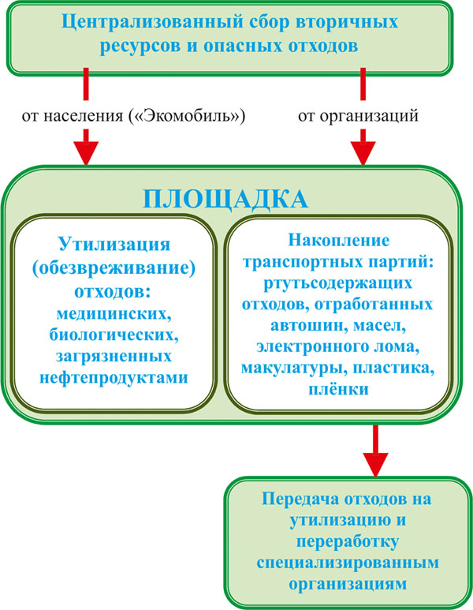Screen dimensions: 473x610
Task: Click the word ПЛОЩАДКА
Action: coord(225,200)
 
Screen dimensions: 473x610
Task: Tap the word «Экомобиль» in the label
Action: coord(187,115)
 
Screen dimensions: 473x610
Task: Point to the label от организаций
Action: coord(358,116)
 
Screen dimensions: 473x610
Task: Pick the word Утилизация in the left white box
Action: coord(114,245)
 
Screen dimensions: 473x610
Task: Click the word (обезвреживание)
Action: coord(114,269)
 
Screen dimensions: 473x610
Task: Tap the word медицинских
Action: coord(114,313)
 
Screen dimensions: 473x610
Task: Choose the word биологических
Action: coord(114,335)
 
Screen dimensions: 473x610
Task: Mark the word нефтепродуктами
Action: coord(114,378)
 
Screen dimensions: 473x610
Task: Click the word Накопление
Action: coord(338,240)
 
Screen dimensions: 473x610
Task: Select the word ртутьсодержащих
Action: coord(337,283)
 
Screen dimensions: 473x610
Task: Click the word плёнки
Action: coord(338,389)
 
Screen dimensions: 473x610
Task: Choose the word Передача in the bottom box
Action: coord(300,499)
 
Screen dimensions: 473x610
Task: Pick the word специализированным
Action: coord(348,563)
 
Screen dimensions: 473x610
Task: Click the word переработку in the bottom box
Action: coord(348,541)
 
